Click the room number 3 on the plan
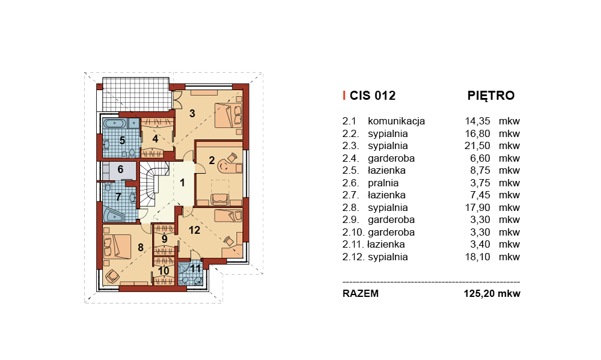[x=192, y=114]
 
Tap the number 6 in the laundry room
[x=120, y=169]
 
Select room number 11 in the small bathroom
[x=195, y=269]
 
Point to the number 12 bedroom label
[x=194, y=230]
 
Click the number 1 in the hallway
[x=183, y=183]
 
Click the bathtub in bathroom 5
[x=115, y=124]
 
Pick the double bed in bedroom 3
[x=228, y=115]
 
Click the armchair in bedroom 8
[x=112, y=276]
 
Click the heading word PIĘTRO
[x=490, y=96]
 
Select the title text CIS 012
[x=372, y=96]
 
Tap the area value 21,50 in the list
[x=477, y=145]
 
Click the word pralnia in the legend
[x=383, y=183]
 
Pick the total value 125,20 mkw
[x=492, y=294]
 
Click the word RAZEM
[x=360, y=294]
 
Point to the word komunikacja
[x=396, y=121]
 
